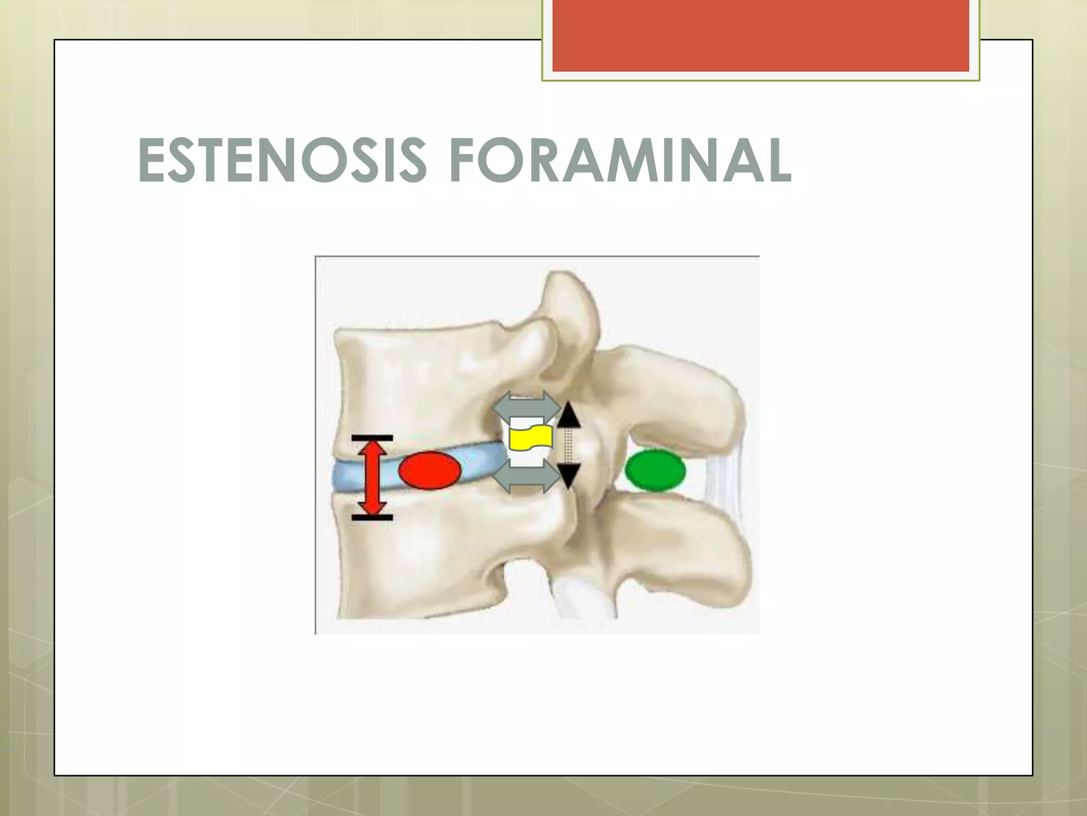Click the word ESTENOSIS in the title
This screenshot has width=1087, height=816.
coord(282,160)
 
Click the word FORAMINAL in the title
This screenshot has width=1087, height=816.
coord(620,160)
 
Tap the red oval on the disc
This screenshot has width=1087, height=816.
coord(429,470)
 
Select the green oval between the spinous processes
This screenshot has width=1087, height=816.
coord(655,470)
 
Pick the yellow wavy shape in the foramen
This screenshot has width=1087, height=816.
coord(530,438)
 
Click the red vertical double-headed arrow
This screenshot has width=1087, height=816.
coord(372,478)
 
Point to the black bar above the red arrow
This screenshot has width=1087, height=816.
coord(372,438)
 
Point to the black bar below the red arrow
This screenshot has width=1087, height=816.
coord(372,517)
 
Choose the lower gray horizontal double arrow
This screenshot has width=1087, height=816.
coord(527,476)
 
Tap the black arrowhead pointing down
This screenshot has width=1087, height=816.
coord(568,474)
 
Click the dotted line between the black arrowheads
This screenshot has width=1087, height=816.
coord(568,445)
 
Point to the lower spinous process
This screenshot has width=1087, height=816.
coord(685,552)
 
